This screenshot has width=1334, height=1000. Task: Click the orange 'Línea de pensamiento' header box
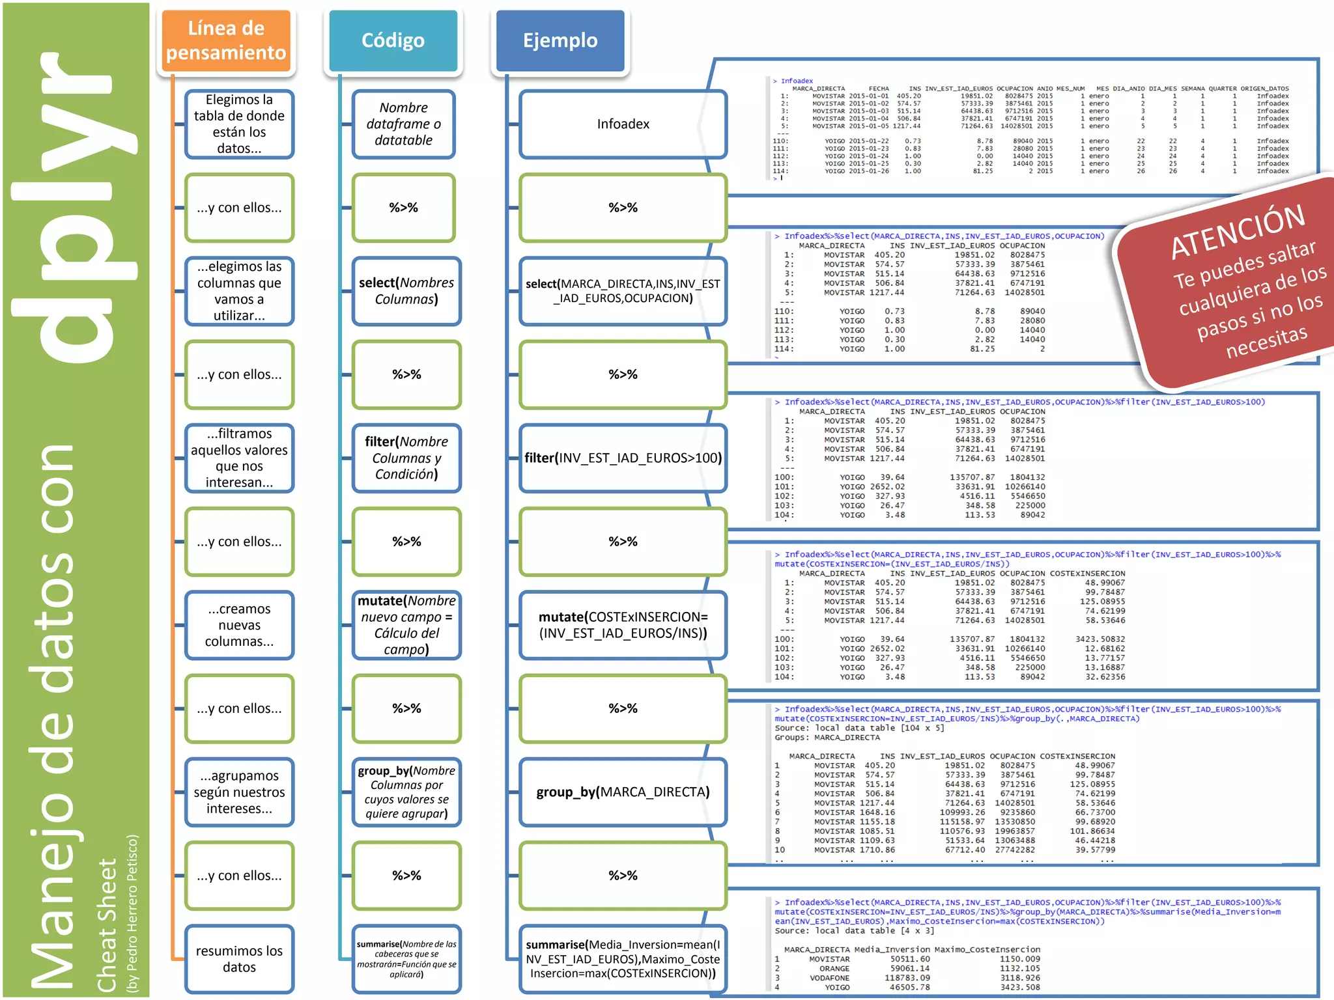coord(225,40)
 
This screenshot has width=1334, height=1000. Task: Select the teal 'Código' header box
coord(393,40)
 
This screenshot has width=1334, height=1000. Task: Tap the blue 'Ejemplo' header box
coord(560,40)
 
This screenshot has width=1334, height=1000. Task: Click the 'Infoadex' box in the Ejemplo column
coord(623,124)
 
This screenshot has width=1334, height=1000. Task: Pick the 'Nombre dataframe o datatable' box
coord(403,124)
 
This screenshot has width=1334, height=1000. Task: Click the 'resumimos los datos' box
coord(239,959)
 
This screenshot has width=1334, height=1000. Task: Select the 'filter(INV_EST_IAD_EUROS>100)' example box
coord(623,458)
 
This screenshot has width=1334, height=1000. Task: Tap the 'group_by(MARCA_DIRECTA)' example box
coord(623,792)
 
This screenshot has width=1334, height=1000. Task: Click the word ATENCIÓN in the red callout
coord(1238,230)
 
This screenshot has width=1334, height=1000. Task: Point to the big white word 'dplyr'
coord(75,208)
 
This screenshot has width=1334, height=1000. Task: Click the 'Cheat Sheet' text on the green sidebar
coord(107,924)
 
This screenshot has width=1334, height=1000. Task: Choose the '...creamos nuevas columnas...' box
coord(239,625)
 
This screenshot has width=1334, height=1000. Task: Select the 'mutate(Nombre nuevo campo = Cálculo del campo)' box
coord(406,625)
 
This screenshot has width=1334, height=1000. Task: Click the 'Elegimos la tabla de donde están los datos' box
coord(239,124)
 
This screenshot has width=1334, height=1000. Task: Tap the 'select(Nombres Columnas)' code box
coord(406,291)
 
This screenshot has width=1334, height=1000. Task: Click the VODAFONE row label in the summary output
coord(829,978)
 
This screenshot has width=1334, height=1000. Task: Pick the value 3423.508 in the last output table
coord(1020,987)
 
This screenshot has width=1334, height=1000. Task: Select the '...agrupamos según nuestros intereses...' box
coord(239,792)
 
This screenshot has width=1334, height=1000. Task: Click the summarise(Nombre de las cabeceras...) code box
coord(406,959)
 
